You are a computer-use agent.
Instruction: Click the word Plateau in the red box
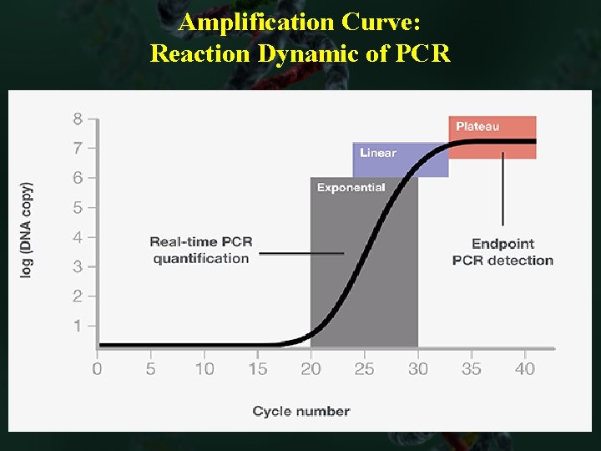coord(477,127)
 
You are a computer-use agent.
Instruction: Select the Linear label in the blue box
coord(378,153)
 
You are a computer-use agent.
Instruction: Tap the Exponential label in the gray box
coord(351,188)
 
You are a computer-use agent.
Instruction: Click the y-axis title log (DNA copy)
coord(27,230)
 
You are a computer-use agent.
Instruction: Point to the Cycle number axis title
coord(300,411)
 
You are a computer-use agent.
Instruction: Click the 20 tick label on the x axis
coord(311,369)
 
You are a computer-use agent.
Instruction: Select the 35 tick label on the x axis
coord(472,369)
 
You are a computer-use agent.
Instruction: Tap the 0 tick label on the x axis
coord(97,369)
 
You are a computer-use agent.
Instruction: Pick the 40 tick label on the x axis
coord(525,369)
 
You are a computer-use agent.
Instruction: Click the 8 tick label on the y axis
coord(78,119)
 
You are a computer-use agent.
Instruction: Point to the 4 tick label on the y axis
coord(78,237)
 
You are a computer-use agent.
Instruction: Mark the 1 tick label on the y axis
coord(78,326)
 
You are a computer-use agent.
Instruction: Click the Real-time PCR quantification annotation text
coord(201,251)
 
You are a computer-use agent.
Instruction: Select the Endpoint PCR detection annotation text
coord(503,252)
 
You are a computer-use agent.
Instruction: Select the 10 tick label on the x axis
coord(204,369)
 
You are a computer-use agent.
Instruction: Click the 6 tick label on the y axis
coord(78,178)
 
